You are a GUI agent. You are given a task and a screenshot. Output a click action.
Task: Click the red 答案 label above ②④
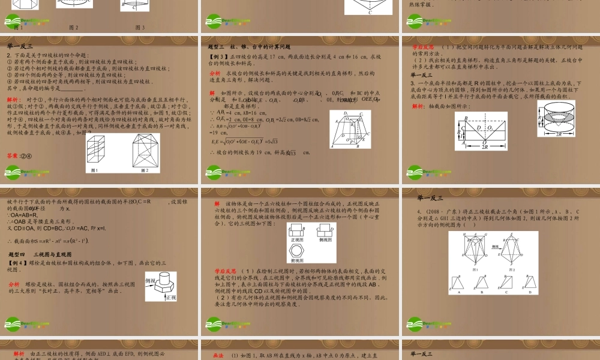[12, 155]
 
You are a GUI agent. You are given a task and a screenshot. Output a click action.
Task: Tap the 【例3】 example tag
[216, 56]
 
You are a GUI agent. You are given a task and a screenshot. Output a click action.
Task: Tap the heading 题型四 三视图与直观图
[44, 255]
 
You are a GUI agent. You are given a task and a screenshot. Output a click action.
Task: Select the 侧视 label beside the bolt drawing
[151, 280]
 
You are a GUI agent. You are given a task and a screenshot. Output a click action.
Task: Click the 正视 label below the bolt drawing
[170, 298]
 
